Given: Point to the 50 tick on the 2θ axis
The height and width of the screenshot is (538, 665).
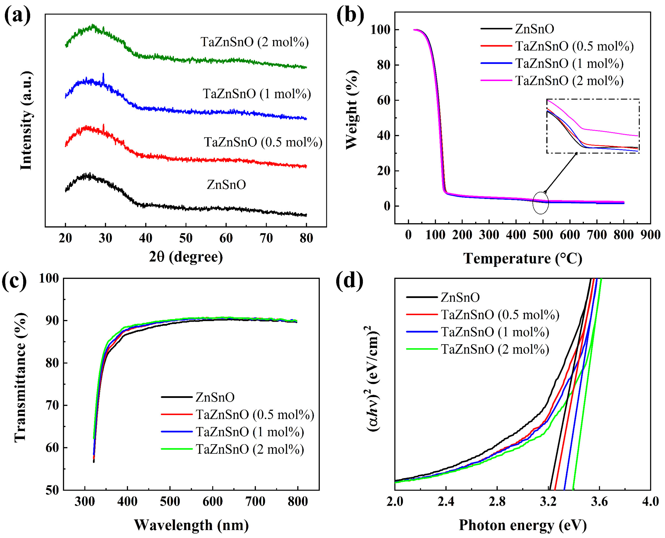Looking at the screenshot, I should click(x=186, y=238).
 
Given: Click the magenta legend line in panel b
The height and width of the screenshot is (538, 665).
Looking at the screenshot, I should click(x=496, y=81).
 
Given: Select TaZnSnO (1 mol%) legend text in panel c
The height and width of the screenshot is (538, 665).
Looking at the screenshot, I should click(x=250, y=432).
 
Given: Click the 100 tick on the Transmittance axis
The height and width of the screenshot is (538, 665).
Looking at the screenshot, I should click(x=49, y=278).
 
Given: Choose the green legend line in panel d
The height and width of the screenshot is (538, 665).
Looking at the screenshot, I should click(x=421, y=349).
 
